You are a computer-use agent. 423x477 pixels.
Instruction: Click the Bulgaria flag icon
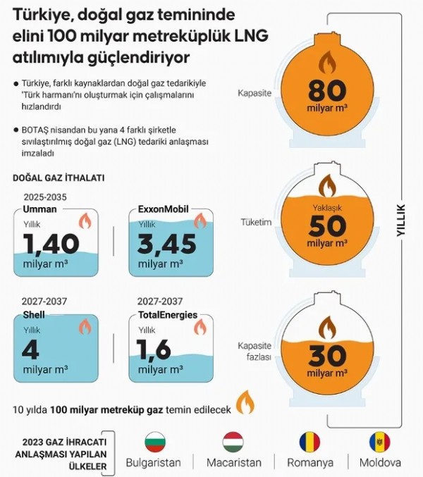pos(154,442)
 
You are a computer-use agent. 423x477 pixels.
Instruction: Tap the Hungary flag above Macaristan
pos(233,442)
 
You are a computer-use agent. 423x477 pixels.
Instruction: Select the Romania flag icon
pos(309,442)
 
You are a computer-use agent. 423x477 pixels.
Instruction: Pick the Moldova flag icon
pos(379,442)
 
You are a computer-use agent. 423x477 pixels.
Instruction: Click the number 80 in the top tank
pos(327,91)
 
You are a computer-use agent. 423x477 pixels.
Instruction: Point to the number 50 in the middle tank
pos(327,225)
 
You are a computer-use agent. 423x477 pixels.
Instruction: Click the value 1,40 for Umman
pos(51,244)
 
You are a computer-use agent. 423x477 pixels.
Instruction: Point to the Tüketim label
pos(256,222)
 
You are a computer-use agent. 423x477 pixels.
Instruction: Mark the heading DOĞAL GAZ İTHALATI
pos(59,178)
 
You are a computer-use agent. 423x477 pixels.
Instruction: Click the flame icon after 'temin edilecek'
pos(245,403)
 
